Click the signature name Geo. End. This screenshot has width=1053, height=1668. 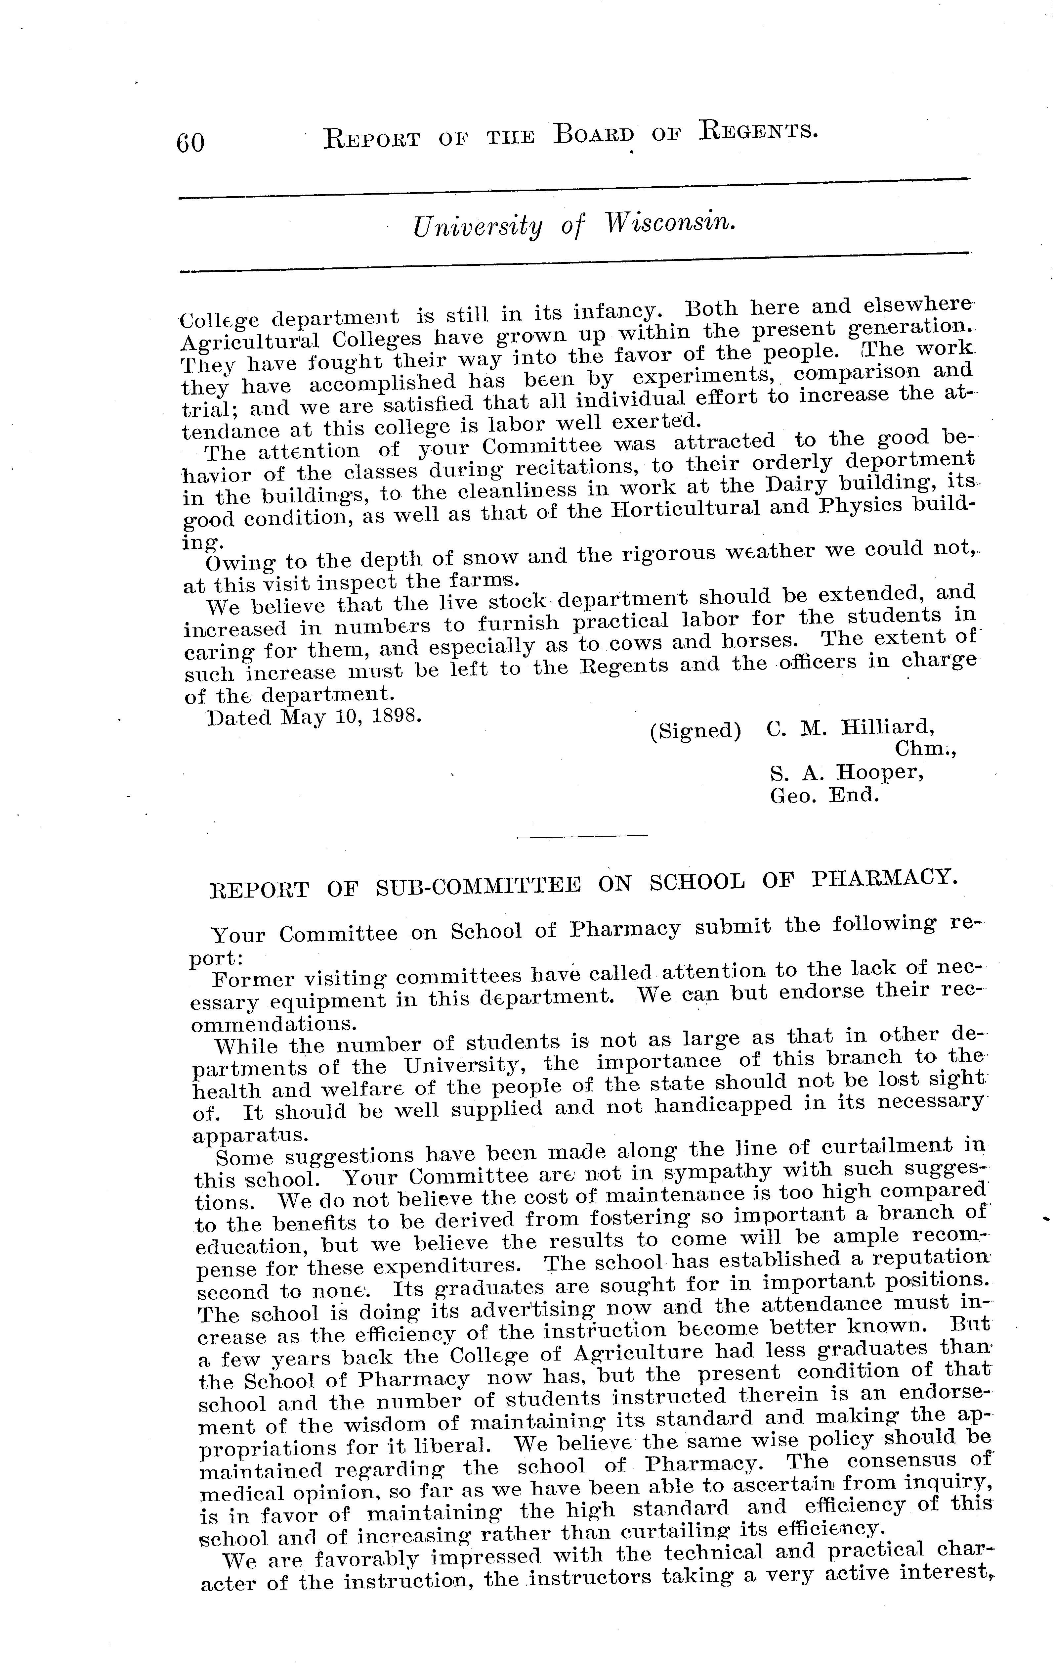click(x=824, y=795)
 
